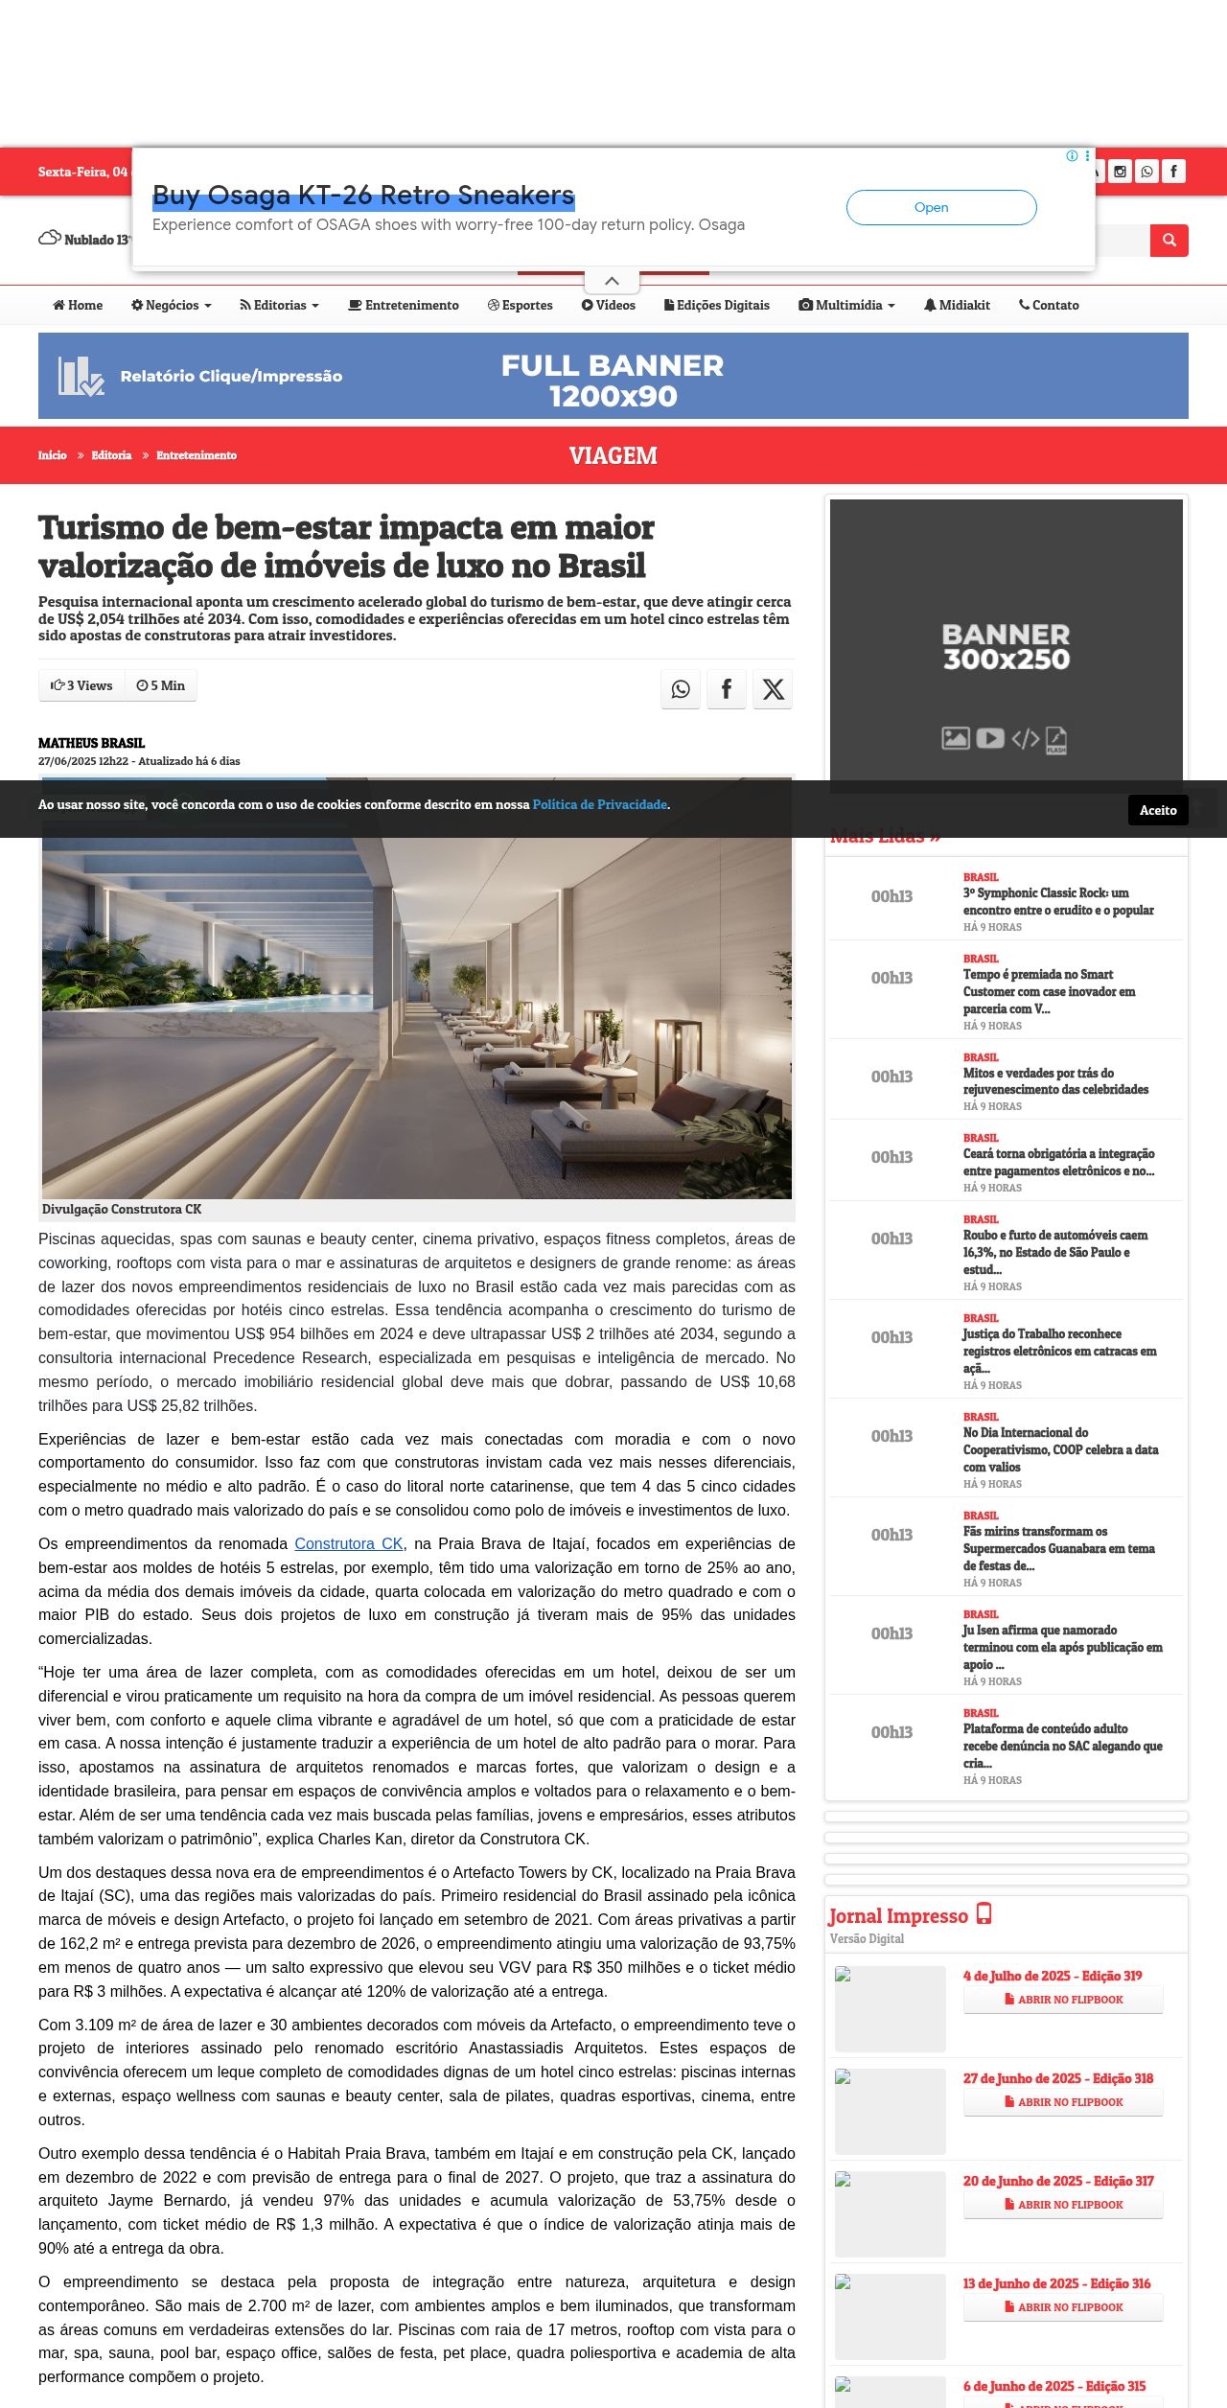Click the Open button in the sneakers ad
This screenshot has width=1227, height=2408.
[940, 207]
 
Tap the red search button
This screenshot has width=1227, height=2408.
[1169, 241]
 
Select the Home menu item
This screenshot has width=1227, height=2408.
[78, 305]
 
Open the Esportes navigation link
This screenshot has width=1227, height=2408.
[521, 305]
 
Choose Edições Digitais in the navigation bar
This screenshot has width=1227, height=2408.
[717, 305]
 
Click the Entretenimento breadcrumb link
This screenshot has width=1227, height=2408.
[197, 455]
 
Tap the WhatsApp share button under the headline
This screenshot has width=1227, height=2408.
[681, 689]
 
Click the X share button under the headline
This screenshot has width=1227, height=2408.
[773, 689]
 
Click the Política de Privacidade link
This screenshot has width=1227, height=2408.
[599, 804]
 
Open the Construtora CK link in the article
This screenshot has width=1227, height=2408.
[349, 1543]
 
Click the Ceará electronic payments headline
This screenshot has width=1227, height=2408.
[1058, 1162]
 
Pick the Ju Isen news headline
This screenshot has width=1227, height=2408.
[1062, 1647]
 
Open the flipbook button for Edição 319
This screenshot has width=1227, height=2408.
[1063, 2000]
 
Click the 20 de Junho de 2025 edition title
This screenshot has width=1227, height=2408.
[1058, 2181]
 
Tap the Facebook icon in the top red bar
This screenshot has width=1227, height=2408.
[1173, 172]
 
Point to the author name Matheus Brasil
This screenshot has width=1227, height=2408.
[91, 743]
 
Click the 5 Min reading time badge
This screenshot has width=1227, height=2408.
[161, 685]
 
